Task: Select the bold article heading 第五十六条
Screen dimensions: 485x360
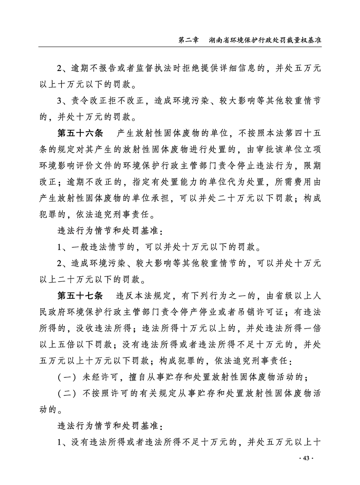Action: click(x=80, y=132)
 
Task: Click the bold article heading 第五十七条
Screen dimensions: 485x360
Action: click(x=80, y=295)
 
